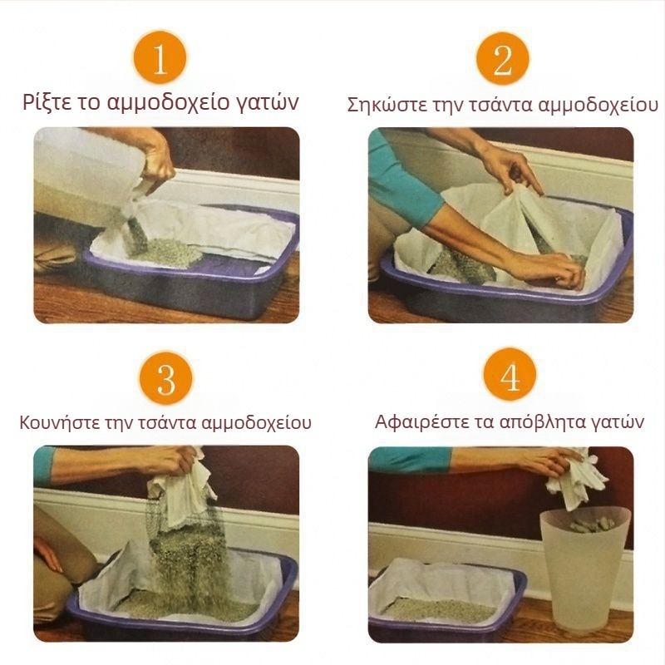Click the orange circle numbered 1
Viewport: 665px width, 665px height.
tap(160, 57)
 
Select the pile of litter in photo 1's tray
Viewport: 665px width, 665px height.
tap(162, 249)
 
